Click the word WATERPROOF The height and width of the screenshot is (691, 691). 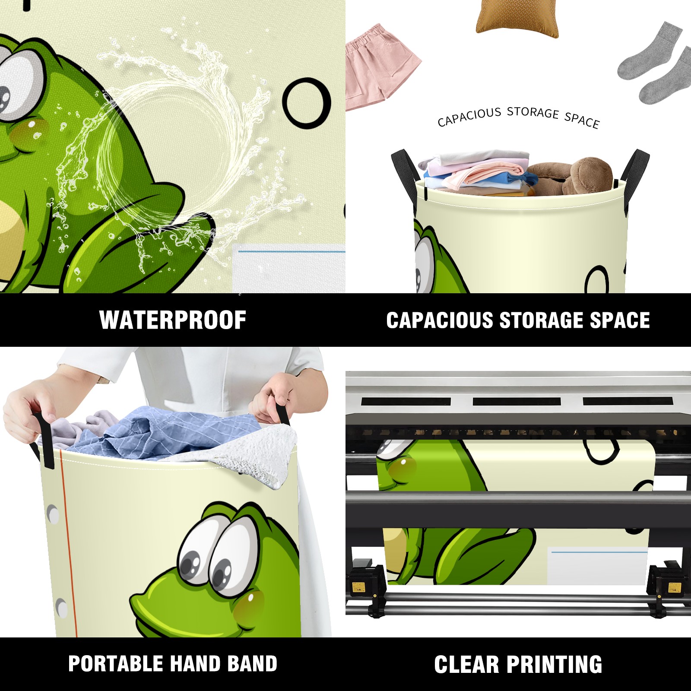173,320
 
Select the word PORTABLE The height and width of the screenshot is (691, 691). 114,664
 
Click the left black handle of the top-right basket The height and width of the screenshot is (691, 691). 405,173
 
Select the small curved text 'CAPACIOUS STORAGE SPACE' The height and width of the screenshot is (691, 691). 518,117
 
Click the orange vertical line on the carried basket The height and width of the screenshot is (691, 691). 69,544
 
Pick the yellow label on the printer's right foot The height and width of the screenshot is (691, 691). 674,588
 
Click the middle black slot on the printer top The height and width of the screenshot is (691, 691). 517,401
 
